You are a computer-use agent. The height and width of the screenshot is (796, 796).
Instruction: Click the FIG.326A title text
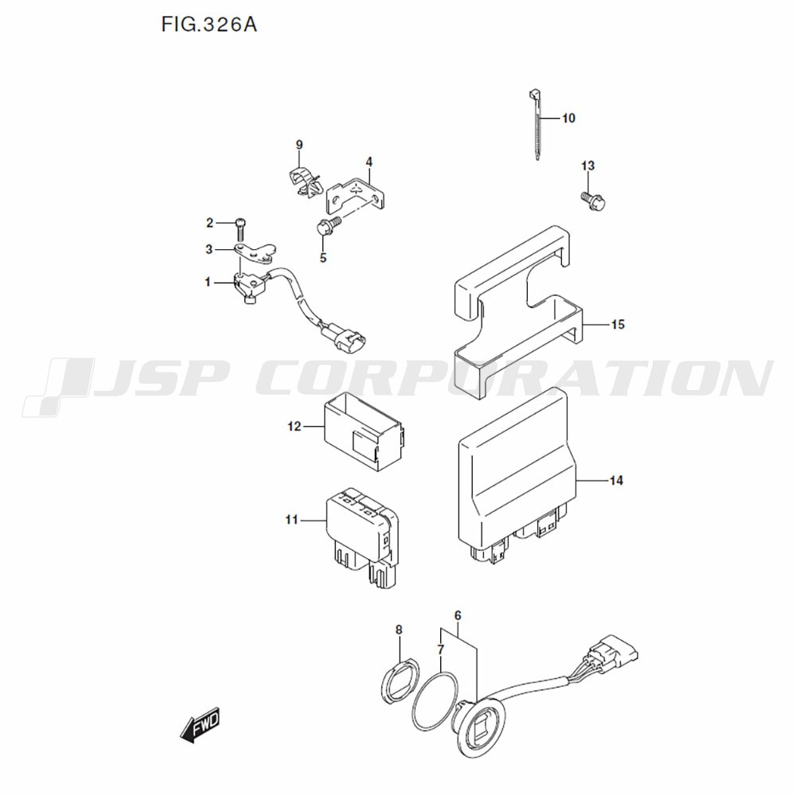(x=209, y=25)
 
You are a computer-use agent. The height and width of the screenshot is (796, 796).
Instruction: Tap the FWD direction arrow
(x=200, y=724)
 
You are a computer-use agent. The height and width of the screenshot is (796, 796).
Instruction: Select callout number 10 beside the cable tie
(x=568, y=119)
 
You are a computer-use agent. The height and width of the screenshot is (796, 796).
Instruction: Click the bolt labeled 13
(x=594, y=200)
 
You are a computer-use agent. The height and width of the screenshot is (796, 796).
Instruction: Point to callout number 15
(x=618, y=325)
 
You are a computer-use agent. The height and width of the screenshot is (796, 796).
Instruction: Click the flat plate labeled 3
(x=255, y=253)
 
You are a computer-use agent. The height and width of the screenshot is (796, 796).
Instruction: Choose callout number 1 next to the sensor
(x=208, y=283)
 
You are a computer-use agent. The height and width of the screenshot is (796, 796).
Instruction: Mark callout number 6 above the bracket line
(x=458, y=616)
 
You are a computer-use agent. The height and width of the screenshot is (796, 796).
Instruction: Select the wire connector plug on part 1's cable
(x=345, y=336)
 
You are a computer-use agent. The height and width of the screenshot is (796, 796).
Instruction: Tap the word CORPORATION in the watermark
(x=519, y=378)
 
